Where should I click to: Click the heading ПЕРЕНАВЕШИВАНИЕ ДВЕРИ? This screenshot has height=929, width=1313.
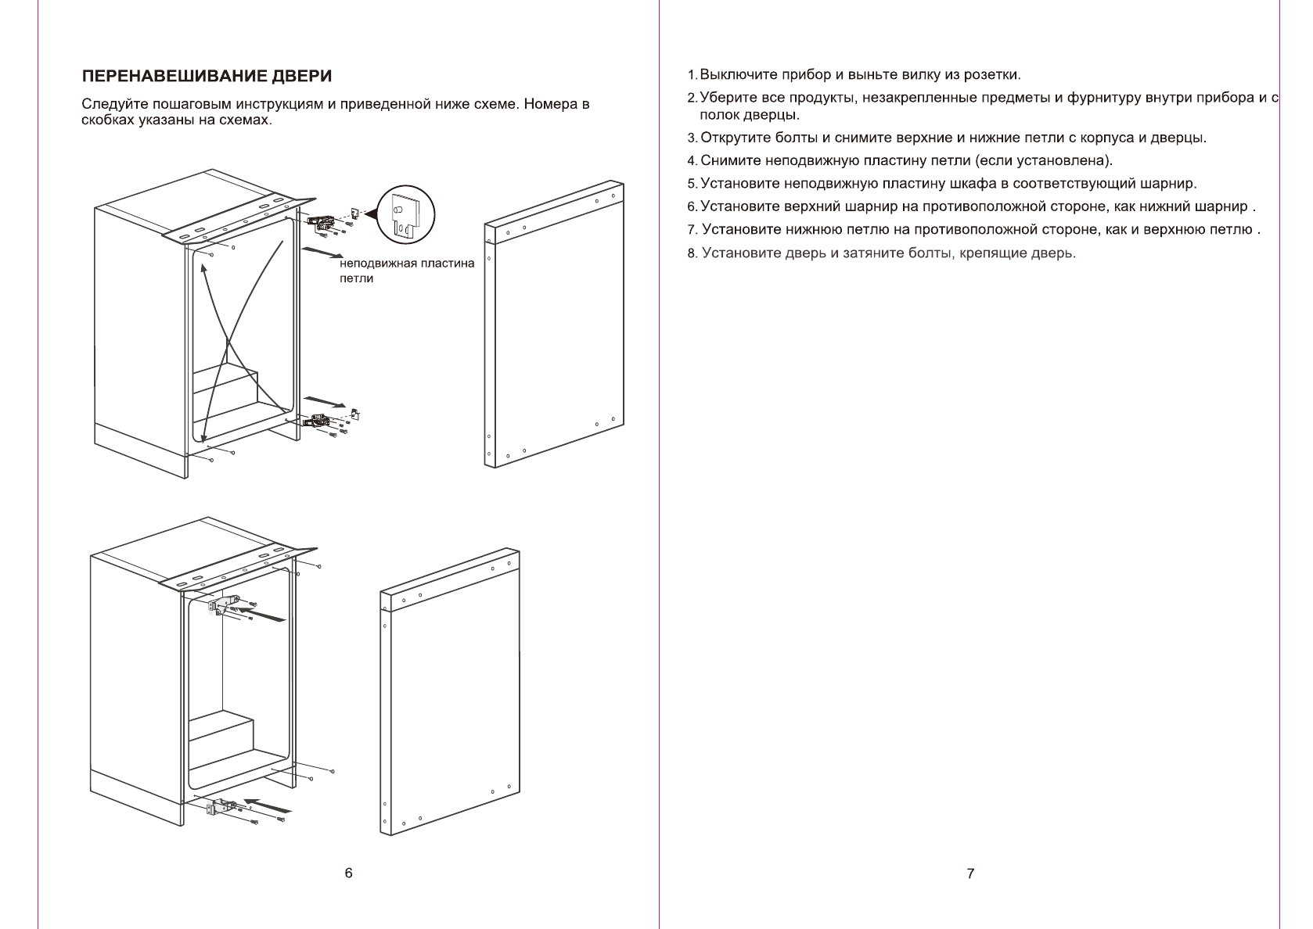click(x=207, y=77)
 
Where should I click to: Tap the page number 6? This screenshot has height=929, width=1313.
click(x=348, y=873)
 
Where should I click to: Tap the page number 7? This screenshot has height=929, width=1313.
click(x=970, y=873)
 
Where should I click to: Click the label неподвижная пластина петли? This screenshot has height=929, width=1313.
click(x=406, y=271)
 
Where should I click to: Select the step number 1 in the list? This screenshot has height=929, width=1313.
click(x=692, y=76)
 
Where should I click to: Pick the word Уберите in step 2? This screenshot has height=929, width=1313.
click(x=725, y=99)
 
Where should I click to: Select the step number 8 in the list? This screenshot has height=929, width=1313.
click(x=692, y=253)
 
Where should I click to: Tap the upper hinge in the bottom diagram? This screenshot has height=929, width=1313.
click(x=224, y=604)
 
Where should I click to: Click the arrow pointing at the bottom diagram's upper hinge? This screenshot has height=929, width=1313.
click(x=261, y=611)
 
